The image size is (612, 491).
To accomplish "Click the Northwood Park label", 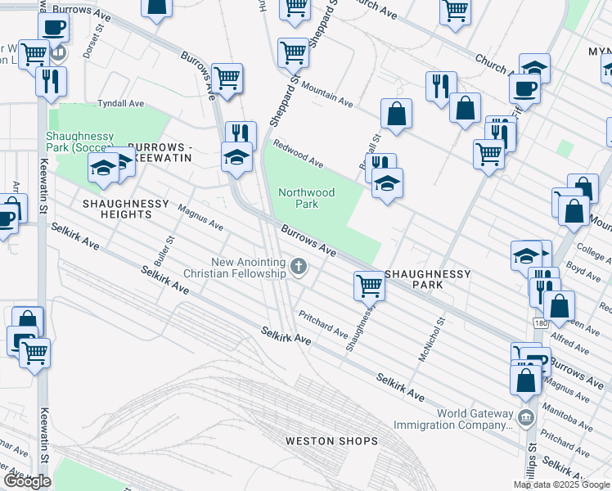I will coord(306,198).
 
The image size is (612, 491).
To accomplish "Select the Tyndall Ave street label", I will coord(120,104).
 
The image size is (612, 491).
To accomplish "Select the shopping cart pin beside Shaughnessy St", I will coord(369,286).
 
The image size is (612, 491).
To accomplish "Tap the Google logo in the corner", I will coord(27,481).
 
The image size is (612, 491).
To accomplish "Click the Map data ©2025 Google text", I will coord(561,484).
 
